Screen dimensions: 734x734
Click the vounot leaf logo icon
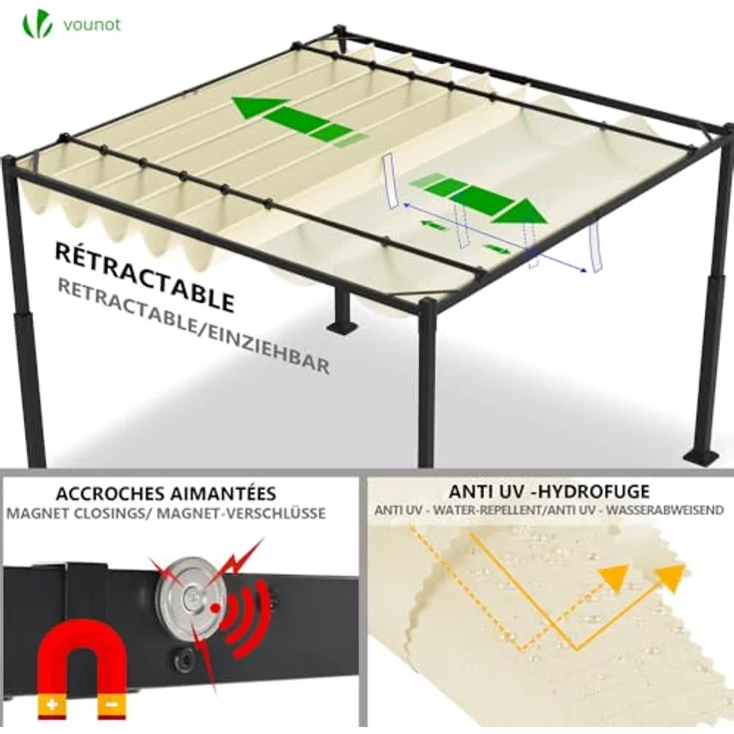tap(38, 23)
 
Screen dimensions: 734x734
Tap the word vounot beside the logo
tap(92, 24)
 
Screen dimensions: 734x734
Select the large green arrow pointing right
tap(479, 197)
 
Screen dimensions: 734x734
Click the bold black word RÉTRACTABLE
tap(145, 276)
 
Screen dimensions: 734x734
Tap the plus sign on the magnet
tap(52, 704)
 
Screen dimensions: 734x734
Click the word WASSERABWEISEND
tap(665, 511)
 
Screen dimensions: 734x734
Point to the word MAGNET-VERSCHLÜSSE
tap(241, 513)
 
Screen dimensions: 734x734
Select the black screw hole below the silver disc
tap(183, 661)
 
